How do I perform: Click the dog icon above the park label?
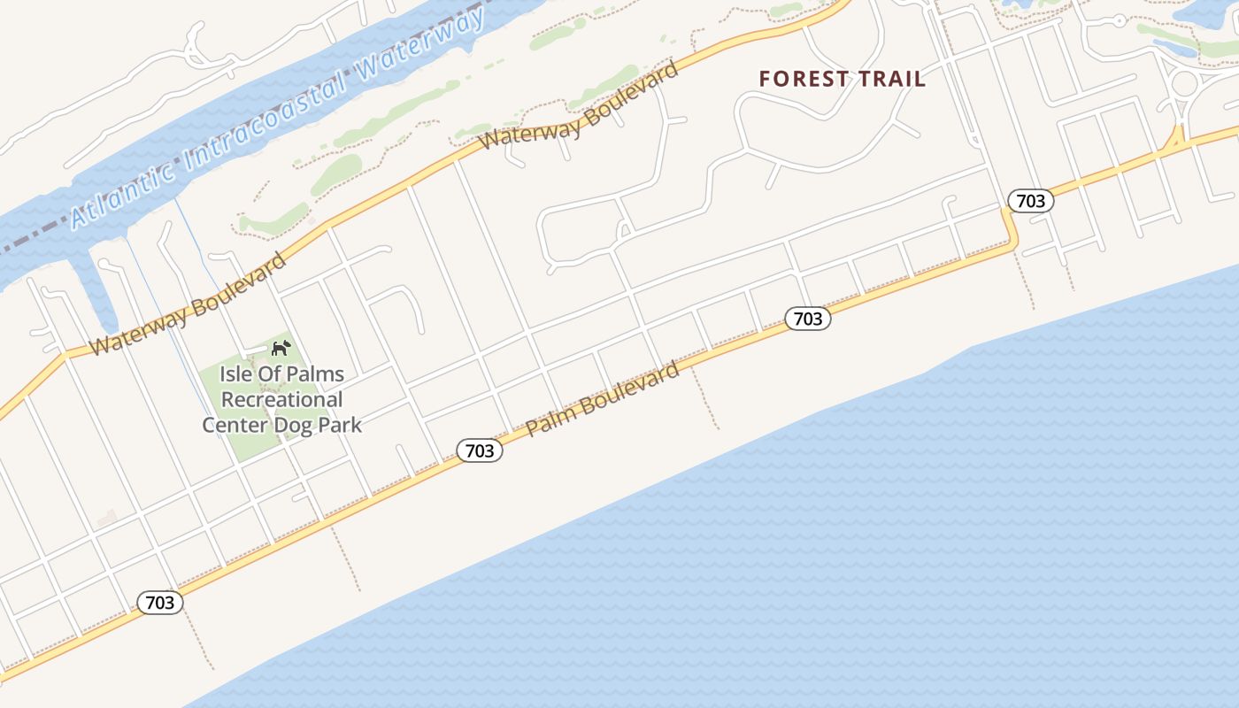coord(281,348)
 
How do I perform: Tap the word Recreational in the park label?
coord(281,400)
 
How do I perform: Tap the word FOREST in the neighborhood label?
coord(804,79)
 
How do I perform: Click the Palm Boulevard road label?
coord(604,399)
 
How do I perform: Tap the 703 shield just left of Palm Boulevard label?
coord(480,450)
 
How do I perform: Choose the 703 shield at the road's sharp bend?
coord(1031,201)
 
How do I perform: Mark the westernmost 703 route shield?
coord(160,603)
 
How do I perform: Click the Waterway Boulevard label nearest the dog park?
coord(189,304)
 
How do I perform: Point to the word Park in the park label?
coord(340,425)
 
